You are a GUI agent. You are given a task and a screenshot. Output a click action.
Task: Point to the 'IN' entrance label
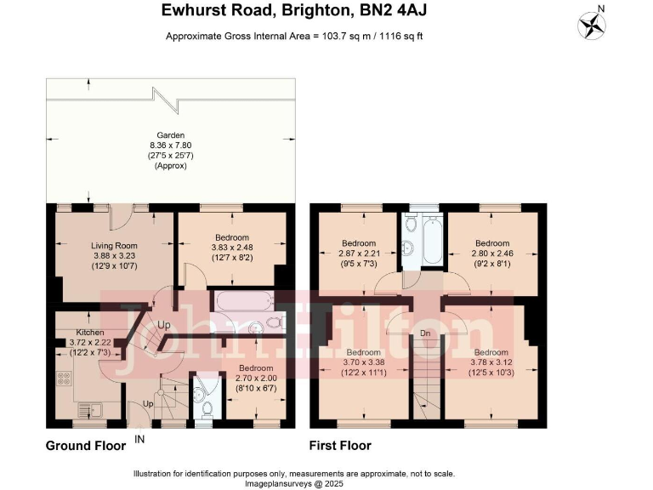coord(139,440)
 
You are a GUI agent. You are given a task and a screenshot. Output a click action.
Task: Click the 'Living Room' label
coord(114,246)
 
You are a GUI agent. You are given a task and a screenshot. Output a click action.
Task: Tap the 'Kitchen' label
coord(89,331)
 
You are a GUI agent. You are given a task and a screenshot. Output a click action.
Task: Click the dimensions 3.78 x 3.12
coord(491,362)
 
